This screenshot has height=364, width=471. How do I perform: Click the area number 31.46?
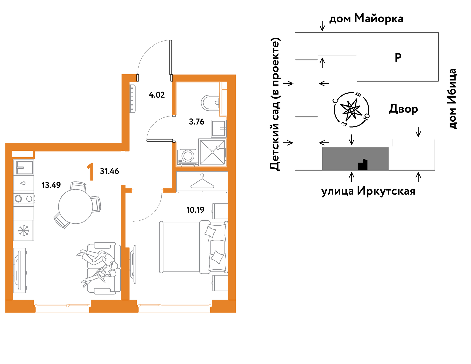[109, 171]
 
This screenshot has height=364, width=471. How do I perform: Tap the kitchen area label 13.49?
[51, 185]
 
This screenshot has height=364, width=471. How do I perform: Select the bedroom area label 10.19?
[195, 210]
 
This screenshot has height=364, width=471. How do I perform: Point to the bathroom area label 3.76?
[197, 122]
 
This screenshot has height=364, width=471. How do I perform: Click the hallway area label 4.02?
[157, 95]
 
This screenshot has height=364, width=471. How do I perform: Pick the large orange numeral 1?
[90, 172]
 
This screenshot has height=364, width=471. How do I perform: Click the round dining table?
[76, 207]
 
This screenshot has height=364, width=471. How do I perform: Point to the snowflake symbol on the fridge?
[24, 231]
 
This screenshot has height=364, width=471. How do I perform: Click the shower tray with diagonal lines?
[213, 152]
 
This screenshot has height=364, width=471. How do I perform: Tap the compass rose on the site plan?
[351, 110]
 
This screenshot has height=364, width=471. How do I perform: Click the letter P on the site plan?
[398, 58]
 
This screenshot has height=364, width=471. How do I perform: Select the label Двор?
[403, 109]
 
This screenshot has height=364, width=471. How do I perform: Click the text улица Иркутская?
[368, 191]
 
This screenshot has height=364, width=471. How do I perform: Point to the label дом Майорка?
[366, 19]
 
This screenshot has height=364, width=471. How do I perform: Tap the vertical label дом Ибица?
[452, 99]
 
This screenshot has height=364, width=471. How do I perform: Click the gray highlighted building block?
[355, 158]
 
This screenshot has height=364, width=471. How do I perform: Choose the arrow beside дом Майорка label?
[322, 26]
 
